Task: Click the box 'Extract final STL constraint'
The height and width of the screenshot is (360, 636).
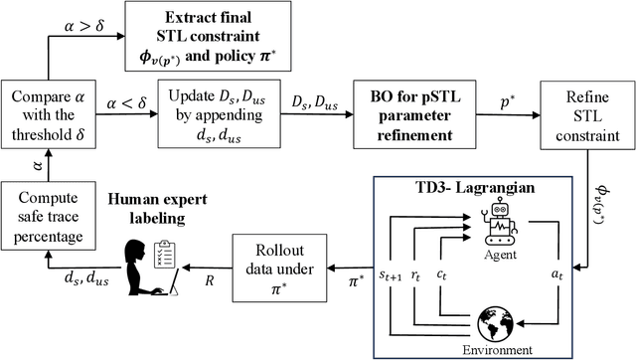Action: click(209, 37)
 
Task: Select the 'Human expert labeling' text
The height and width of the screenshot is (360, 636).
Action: click(162, 213)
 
